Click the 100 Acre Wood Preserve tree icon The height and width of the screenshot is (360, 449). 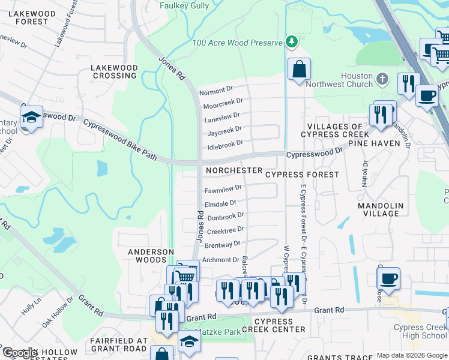click(x=292, y=41)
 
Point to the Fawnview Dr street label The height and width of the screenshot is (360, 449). click(x=223, y=189)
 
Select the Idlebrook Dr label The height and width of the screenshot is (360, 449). click(x=224, y=144)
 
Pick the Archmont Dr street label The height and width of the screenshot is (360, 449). click(x=221, y=260)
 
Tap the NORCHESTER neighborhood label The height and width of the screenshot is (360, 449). click(x=234, y=171)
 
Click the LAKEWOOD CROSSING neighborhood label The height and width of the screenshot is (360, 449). click(x=113, y=71)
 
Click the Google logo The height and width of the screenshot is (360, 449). click(x=20, y=353)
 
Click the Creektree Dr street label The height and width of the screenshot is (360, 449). click(x=225, y=230)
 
